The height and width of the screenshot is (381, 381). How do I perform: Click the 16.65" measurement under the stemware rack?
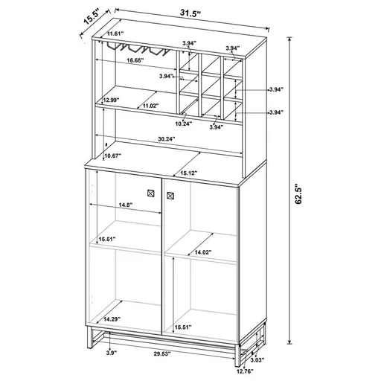[x=135, y=60]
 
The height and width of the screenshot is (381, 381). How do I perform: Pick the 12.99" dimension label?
[x=112, y=100]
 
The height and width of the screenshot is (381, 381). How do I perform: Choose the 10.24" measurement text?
[x=184, y=123]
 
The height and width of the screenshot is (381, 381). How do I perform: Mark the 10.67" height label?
[x=115, y=156]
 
